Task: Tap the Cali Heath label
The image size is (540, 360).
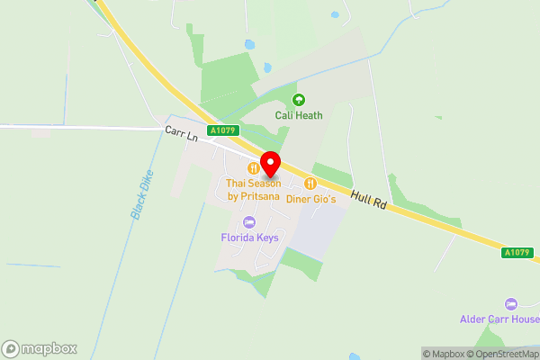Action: [298, 115]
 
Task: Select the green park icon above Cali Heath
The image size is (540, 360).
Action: [298, 100]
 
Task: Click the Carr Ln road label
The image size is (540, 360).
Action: [180, 132]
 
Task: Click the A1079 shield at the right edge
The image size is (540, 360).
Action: [516, 253]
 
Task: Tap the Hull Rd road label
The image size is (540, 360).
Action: [368, 200]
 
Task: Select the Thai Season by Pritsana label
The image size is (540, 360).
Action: [254, 189]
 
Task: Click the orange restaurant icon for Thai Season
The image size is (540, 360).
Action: [254, 167]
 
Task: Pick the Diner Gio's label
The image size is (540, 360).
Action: [310, 199]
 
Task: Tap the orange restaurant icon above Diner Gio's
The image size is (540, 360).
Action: [310, 184]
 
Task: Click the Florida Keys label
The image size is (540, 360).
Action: [249, 238]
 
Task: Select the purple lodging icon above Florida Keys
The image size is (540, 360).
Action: [249, 221]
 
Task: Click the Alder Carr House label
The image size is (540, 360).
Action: [499, 319]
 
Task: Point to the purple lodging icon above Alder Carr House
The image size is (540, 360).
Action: [511, 303]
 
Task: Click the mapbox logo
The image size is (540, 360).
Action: [40, 348]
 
